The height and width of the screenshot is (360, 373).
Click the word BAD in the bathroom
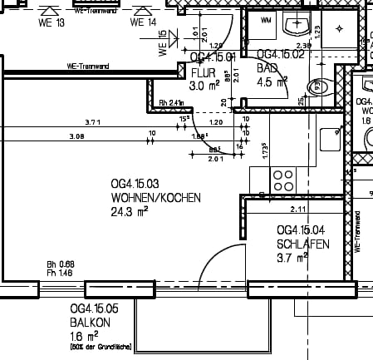(267, 69)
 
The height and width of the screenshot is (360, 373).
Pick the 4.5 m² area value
(272, 81)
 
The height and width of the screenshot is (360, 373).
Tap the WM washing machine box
(267, 20)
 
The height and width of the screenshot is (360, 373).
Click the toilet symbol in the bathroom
(316, 86)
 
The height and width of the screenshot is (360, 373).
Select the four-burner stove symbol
(283, 179)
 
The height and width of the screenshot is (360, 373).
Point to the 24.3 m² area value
(129, 211)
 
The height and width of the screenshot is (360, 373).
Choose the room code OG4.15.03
(135, 183)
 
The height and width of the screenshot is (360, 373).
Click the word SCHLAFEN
(303, 244)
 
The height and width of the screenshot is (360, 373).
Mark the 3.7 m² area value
(292, 258)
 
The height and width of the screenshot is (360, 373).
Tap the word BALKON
(89, 322)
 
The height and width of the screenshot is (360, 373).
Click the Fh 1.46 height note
(60, 273)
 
